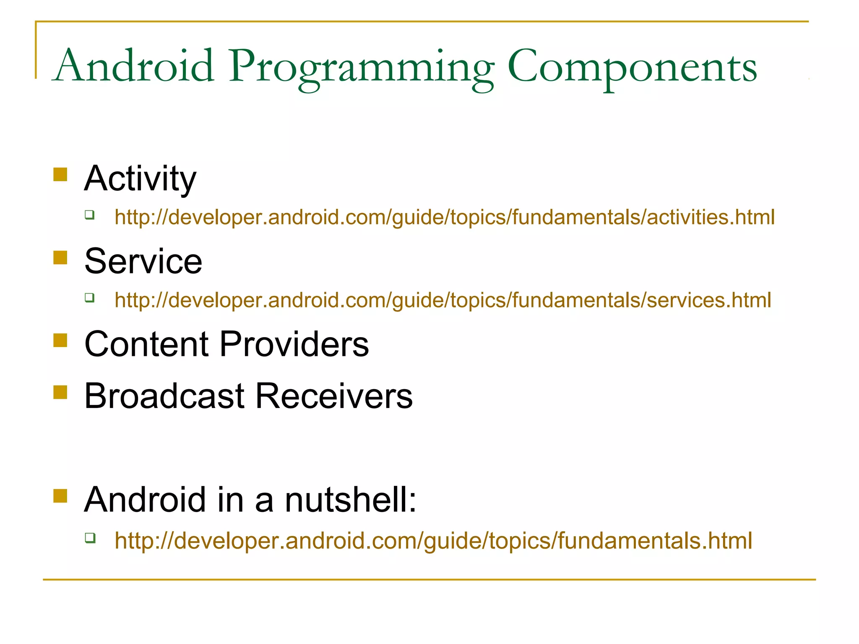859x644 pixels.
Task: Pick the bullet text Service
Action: pyautogui.click(x=143, y=262)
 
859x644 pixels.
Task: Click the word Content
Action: pyautogui.click(x=146, y=344)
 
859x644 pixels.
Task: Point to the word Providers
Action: pyautogui.click(x=294, y=344)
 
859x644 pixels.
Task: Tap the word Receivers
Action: pyautogui.click(x=334, y=396)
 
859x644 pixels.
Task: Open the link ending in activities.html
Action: pyautogui.click(x=445, y=218)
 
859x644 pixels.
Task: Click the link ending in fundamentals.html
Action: pyautogui.click(x=433, y=541)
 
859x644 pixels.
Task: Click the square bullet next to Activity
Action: pyautogui.click(x=60, y=174)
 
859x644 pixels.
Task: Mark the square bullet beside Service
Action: pyautogui.click(x=60, y=257)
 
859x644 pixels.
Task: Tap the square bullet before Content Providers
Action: pyautogui.click(x=60, y=340)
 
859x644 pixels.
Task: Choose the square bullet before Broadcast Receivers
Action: pyautogui.click(x=60, y=392)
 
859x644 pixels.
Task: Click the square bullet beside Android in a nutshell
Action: pyautogui.click(x=60, y=496)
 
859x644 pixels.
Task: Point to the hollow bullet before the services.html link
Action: pyautogui.click(x=89, y=298)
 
